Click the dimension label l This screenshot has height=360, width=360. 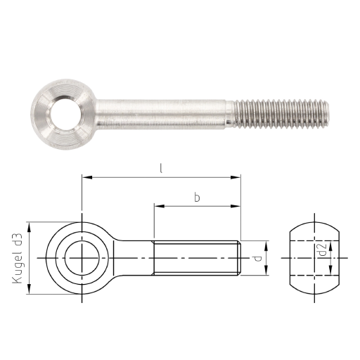pyautogui.click(x=161, y=169)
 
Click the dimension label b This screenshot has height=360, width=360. pyautogui.click(x=197, y=198)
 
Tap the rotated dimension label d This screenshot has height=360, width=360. pyautogui.click(x=257, y=259)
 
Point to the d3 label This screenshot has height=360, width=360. pyautogui.click(x=18, y=239)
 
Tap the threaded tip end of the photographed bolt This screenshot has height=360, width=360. pyautogui.click(x=328, y=113)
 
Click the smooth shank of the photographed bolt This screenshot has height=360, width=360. pyautogui.click(x=162, y=115)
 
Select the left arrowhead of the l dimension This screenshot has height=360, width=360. pyautogui.click(x=87, y=177)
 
